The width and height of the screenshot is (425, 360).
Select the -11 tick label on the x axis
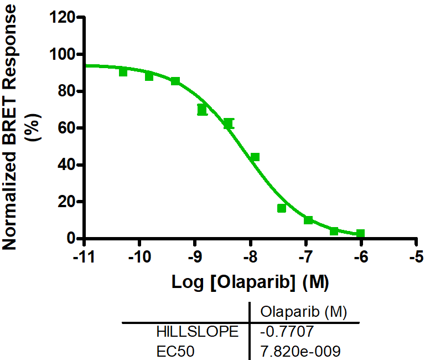(x=84, y=258)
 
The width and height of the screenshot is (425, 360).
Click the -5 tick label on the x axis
(x=417, y=258)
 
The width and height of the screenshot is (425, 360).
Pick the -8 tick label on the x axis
(x=250, y=258)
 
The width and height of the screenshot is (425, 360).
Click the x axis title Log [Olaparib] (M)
(x=250, y=282)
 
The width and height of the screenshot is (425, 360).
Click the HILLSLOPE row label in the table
(x=198, y=332)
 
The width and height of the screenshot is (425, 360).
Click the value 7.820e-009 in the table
(x=299, y=351)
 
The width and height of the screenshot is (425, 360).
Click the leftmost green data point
(x=123, y=72)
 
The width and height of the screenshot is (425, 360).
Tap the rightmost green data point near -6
(x=360, y=234)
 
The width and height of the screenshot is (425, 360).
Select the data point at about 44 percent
(x=255, y=157)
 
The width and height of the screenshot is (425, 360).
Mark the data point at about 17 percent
(x=282, y=208)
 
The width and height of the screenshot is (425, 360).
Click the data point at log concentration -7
(x=308, y=220)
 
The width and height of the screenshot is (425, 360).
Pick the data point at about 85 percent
(x=175, y=81)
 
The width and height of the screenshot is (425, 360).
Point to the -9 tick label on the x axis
(x=195, y=258)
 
